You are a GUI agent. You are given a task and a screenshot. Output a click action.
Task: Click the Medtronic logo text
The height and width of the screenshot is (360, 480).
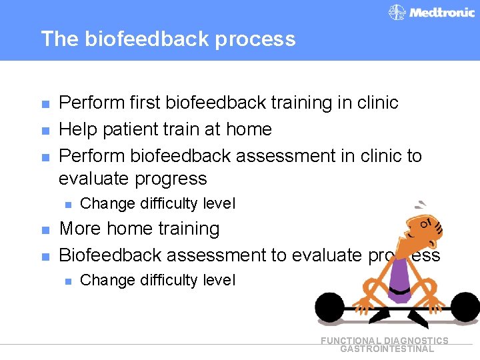tap(441, 12)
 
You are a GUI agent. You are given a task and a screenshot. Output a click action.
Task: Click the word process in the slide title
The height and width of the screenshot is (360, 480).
tap(257, 39)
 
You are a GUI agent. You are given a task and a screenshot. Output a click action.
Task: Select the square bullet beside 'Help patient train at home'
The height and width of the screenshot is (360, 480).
tap(45, 130)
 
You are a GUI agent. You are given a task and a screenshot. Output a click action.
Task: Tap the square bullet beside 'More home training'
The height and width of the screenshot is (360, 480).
tap(45, 229)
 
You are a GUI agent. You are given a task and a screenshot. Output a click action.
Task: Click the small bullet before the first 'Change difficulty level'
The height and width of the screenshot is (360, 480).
tap(67, 204)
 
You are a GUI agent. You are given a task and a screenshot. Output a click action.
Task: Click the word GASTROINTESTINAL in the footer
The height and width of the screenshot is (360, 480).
tap(387, 349)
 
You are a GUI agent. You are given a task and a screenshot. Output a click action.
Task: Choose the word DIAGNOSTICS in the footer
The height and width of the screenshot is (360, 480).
tap(416, 341)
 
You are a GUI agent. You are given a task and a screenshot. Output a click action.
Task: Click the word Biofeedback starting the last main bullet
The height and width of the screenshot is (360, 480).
tap(110, 255)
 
